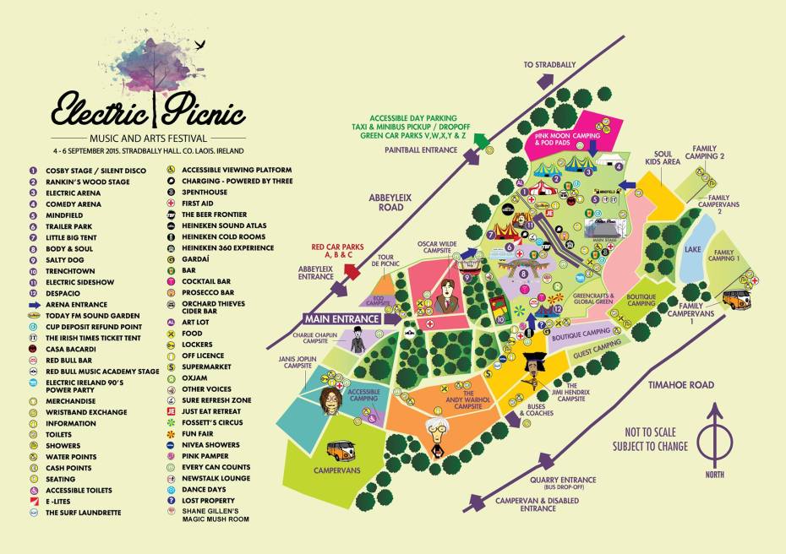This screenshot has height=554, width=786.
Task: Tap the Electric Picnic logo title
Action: pyautogui.click(x=148, y=110)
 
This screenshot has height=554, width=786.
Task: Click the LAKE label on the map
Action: pyautogui.click(x=694, y=249)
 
